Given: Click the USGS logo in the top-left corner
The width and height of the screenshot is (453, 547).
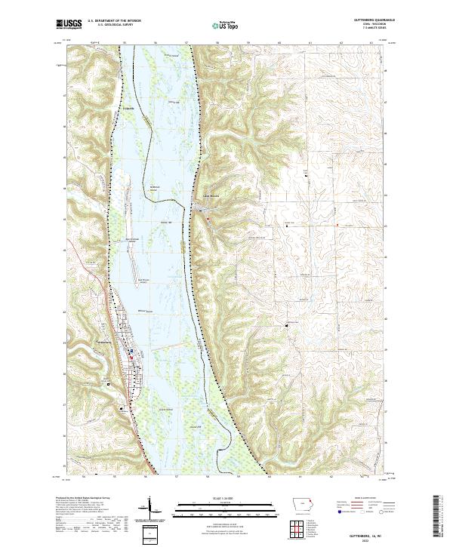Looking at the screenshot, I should tap(70, 24).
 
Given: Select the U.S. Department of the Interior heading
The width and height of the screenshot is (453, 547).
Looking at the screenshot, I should tap(114, 20).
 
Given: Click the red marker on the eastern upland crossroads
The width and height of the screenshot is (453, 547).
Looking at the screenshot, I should tap(337, 224).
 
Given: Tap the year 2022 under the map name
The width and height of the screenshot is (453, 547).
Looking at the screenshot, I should tap(375, 539).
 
